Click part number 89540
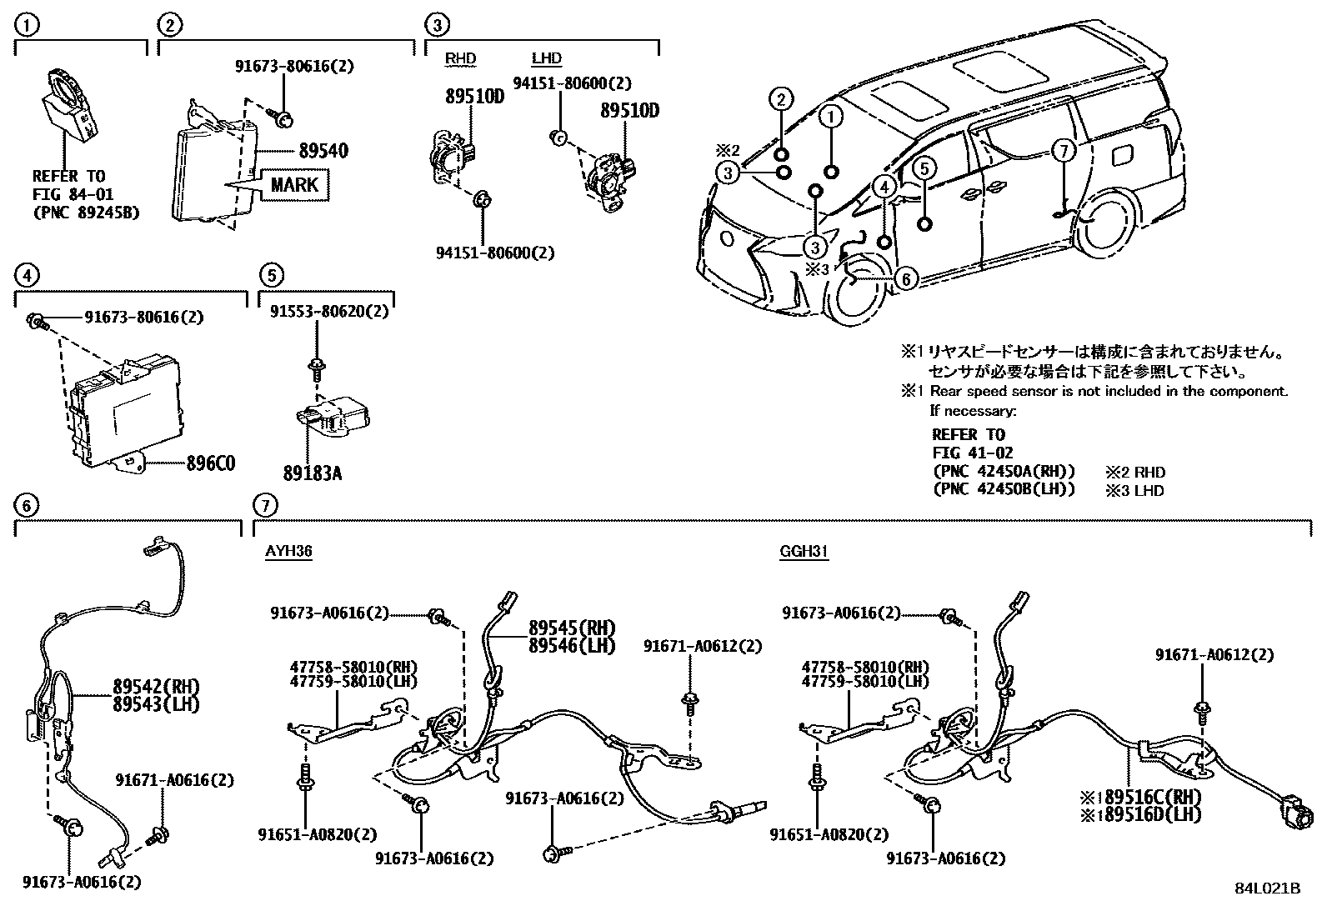(323, 151)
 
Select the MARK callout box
(293, 183)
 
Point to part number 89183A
(312, 473)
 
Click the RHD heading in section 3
(459, 58)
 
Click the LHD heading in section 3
(546, 58)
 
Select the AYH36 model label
(288, 551)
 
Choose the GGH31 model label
(804, 551)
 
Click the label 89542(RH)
(157, 687)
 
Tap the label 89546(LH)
(571, 645)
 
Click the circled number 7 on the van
(1063, 151)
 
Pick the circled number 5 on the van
(924, 168)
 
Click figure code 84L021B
(1267, 888)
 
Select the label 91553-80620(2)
(328, 311)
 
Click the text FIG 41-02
(972, 453)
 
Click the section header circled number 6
(27, 504)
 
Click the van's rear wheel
(1105, 226)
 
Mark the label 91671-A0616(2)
(174, 780)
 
